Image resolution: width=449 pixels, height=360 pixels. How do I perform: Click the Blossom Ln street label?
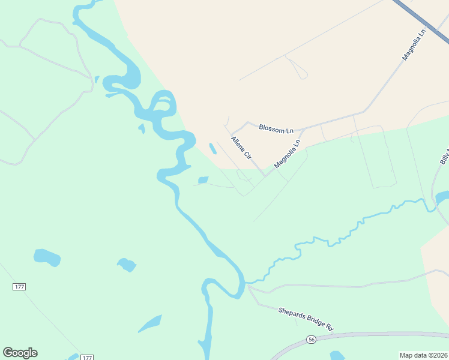(x=276, y=129)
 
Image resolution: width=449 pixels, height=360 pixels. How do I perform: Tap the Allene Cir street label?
(x=241, y=148)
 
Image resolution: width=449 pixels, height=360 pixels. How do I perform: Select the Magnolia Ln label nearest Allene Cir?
(x=287, y=154)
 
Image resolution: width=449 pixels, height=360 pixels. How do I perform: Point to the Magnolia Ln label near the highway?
(x=414, y=44)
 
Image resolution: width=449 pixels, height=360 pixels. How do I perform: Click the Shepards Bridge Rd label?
(x=305, y=319)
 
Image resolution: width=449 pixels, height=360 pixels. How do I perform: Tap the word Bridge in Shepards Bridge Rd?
(x=310, y=320)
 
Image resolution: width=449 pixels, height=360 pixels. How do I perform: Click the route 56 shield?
(x=310, y=340)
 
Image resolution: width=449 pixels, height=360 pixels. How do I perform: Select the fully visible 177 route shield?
(x=19, y=287)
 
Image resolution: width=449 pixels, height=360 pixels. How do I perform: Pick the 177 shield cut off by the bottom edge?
(x=87, y=358)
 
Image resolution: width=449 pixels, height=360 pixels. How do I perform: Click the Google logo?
(x=20, y=353)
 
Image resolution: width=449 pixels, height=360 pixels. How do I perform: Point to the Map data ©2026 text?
(x=424, y=355)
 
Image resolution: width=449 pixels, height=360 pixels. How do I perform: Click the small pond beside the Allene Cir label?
(x=212, y=148)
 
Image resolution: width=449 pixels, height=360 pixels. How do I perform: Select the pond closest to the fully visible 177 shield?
(x=47, y=257)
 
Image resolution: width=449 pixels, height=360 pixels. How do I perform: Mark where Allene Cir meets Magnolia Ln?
(x=265, y=176)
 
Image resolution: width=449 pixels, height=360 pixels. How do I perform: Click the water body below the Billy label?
(x=442, y=197)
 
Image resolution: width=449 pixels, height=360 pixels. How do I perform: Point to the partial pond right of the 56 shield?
(x=337, y=356)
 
